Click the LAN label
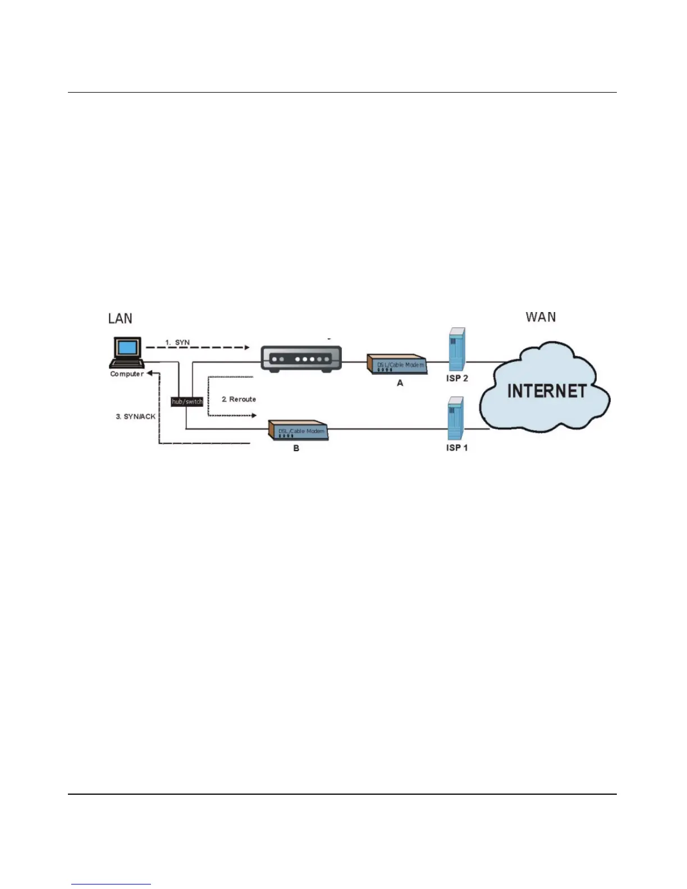pos(120,319)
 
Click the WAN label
pos(541,317)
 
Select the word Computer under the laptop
pos(127,374)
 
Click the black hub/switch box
pos(187,402)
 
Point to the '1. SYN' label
pos(177,342)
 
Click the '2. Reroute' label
pos(239,399)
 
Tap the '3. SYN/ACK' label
pos(135,416)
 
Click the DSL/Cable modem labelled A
pos(397,364)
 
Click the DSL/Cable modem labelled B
pos(298,431)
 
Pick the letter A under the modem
pos(400,383)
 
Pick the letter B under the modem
pos(296,448)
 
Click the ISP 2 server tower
pos(457,349)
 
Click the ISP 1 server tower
pos(456,418)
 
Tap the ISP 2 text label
pos(457,378)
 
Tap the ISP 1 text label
pos(457,448)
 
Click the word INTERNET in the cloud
pos(547,391)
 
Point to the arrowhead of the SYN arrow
pos(246,347)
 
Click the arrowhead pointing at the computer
pos(150,373)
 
